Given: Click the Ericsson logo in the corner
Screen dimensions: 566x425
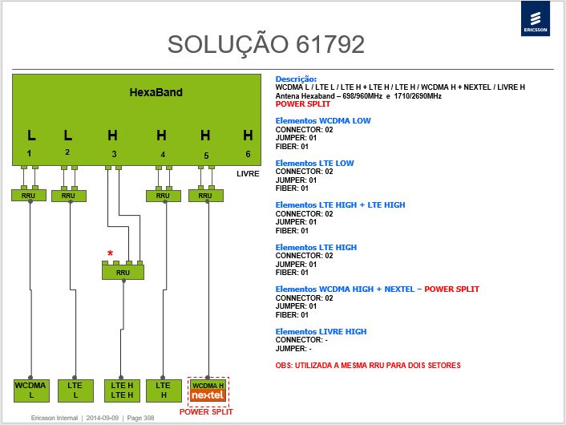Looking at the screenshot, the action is pyautogui.click(x=536, y=18).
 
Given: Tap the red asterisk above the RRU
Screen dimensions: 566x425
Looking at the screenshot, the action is pyautogui.click(x=110, y=253).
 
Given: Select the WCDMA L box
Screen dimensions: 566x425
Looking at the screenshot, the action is pyautogui.click(x=31, y=391).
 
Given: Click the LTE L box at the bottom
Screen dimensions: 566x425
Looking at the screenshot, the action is pyautogui.click(x=75, y=391).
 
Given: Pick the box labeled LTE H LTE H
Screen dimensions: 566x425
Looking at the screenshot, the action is pyautogui.click(x=122, y=391).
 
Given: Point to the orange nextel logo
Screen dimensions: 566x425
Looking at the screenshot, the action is pyautogui.click(x=208, y=395).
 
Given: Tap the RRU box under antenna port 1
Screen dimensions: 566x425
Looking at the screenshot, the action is pyautogui.click(x=29, y=196).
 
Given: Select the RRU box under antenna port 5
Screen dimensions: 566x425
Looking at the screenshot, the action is pyautogui.click(x=206, y=196).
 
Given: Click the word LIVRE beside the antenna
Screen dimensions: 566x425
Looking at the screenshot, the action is pyautogui.click(x=248, y=174).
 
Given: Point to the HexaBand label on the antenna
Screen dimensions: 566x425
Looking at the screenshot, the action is pyautogui.click(x=156, y=92).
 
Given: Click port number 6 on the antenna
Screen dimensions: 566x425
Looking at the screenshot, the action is pyautogui.click(x=248, y=154).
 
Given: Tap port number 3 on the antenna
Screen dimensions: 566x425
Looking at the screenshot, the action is pyautogui.click(x=114, y=154).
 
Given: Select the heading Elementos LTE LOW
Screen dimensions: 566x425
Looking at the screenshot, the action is pyautogui.click(x=314, y=164).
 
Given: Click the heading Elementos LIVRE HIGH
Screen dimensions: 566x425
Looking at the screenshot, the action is pyautogui.click(x=321, y=331).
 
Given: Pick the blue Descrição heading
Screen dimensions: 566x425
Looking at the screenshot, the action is pyautogui.click(x=296, y=79).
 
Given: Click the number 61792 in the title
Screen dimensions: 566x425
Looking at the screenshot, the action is pyautogui.click(x=330, y=44).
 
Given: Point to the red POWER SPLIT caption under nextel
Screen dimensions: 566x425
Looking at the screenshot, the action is pyautogui.click(x=206, y=411).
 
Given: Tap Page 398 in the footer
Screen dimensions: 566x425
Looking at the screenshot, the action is pyautogui.click(x=140, y=418).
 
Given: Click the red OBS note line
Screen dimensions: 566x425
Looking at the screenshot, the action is pyautogui.click(x=368, y=366).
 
